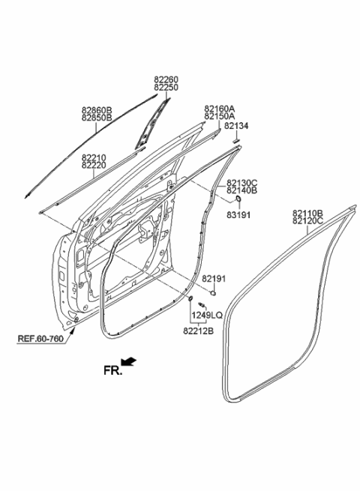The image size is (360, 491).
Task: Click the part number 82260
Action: pos(166,79)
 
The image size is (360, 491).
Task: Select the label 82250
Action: pos(166,87)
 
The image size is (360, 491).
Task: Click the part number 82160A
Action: pos(219,109)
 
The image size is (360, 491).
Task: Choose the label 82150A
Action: pos(219,117)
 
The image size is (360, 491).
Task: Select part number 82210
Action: pos(94,157)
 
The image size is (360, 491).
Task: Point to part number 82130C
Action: pos(242,183)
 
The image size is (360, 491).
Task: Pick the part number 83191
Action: pos(239,214)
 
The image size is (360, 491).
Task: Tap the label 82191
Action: pos(214,279)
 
